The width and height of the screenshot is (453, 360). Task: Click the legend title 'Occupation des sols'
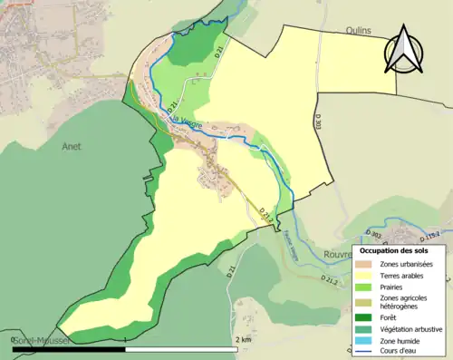[394, 249]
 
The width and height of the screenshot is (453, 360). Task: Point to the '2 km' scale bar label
[242, 339]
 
